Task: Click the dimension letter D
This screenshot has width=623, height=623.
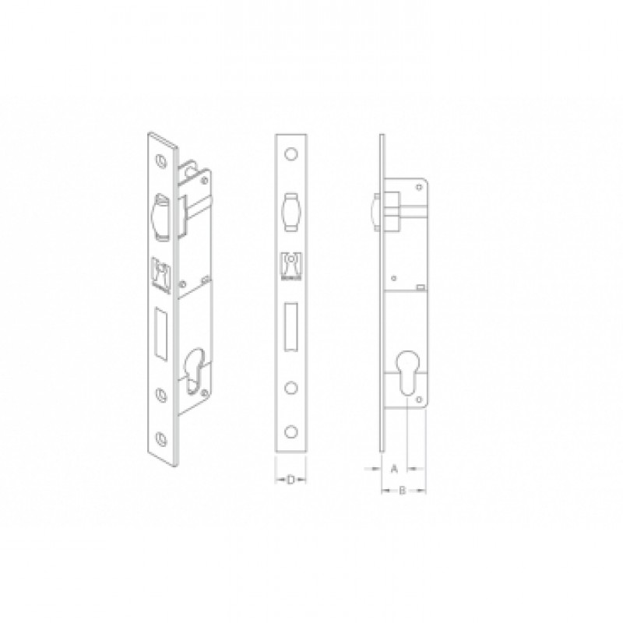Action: point(290,480)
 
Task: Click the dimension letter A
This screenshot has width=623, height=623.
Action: point(394,469)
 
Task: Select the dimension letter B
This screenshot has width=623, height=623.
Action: point(402,491)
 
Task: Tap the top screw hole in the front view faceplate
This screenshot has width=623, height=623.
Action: point(291,153)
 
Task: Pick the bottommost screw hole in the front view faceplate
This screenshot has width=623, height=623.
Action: point(291,432)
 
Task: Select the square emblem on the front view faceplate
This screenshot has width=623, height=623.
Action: point(291,266)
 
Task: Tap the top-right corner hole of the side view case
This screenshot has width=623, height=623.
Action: point(419,186)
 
